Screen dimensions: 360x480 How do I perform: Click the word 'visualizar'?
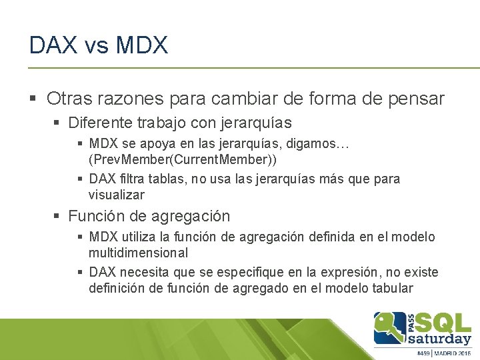(116, 195)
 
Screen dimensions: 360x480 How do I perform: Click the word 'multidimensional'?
(138, 253)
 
